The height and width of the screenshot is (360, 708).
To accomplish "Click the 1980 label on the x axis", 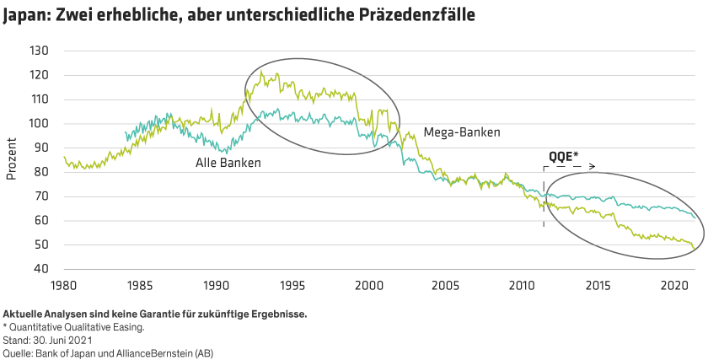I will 63,284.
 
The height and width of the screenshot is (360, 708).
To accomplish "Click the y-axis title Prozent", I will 12,160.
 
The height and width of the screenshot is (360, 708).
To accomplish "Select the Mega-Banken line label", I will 462,132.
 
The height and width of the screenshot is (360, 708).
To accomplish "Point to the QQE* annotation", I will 564,157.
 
